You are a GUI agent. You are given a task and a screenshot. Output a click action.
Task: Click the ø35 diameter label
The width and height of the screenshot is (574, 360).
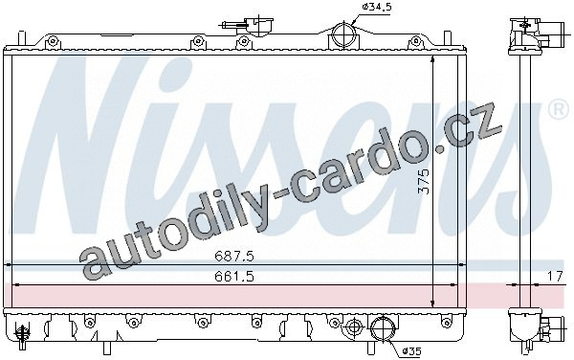411,351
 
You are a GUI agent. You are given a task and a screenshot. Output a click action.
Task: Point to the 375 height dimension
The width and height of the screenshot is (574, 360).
424,181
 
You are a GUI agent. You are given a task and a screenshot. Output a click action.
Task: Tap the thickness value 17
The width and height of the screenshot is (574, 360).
555,277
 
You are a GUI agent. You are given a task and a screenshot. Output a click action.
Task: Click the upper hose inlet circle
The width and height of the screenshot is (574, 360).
343,34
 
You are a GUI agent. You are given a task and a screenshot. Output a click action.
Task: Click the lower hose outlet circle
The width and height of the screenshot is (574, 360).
383,328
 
